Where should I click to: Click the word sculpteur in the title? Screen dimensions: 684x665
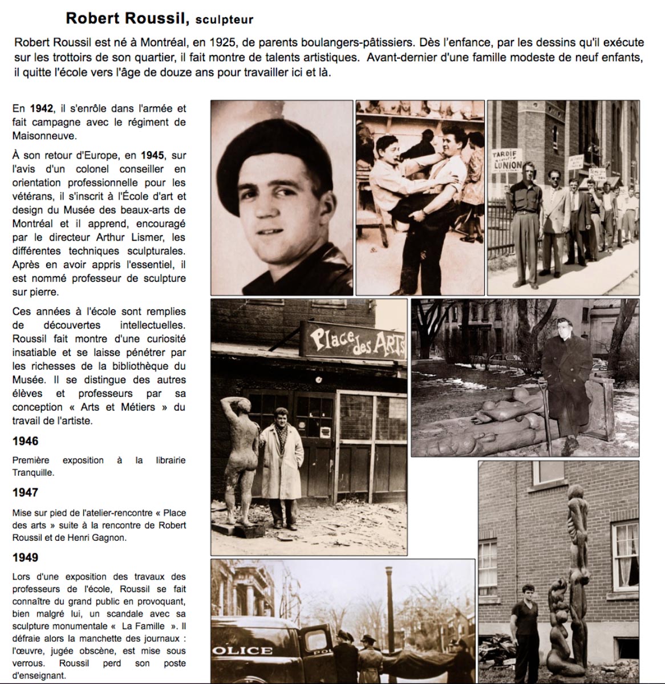click(x=224, y=20)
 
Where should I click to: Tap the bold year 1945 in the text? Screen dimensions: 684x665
click(x=152, y=155)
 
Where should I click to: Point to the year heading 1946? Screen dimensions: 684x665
click(x=26, y=441)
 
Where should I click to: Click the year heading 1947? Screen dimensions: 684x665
click(x=26, y=492)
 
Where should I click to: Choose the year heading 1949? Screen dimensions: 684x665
click(x=26, y=557)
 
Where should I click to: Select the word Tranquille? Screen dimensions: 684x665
click(x=33, y=472)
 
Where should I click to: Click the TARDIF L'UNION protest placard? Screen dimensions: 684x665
click(x=507, y=159)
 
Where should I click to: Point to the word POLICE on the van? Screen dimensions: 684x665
click(x=242, y=650)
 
